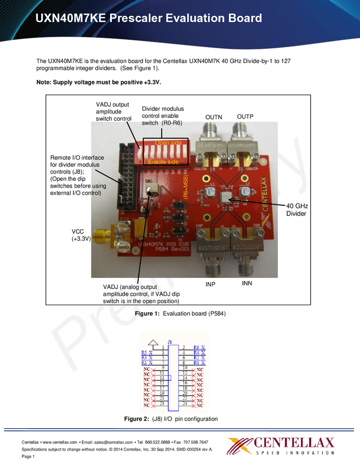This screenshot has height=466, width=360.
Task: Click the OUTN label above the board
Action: [x=214, y=118]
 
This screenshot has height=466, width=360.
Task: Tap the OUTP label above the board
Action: [x=245, y=117]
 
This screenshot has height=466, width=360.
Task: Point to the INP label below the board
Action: [x=210, y=285]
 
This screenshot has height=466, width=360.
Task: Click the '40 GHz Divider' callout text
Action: [x=298, y=209]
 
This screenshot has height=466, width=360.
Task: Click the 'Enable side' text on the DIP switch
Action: [x=163, y=162]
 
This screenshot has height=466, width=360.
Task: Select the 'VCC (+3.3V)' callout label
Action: [x=81, y=236]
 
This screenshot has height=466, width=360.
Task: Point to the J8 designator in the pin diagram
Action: [x=170, y=342]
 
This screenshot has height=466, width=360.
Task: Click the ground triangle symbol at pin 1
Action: [x=154, y=342]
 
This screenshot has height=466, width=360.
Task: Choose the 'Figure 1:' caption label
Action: [x=147, y=313]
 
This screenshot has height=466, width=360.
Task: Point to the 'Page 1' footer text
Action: [x=28, y=457]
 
